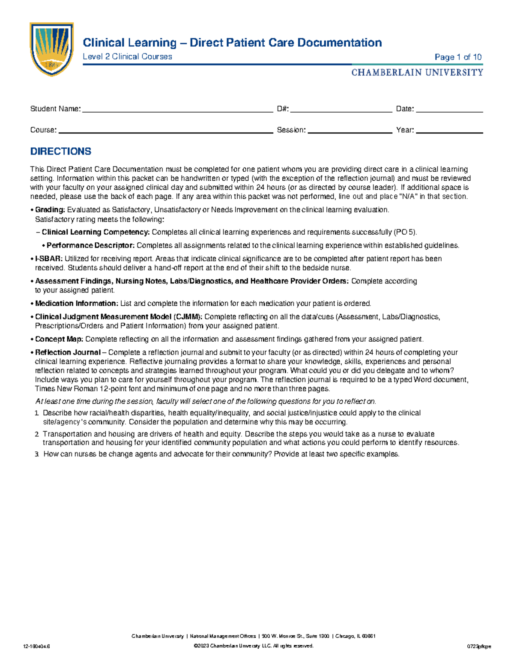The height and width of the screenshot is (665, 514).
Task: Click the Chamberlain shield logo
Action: (x=51, y=49)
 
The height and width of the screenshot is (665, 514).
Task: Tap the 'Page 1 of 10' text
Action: (x=458, y=57)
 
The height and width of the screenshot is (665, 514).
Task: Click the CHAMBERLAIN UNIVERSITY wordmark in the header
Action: (x=417, y=72)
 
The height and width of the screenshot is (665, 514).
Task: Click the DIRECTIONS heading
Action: (x=60, y=152)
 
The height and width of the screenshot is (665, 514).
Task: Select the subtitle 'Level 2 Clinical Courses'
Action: (x=127, y=57)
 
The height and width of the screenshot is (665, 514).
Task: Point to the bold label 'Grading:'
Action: (x=50, y=210)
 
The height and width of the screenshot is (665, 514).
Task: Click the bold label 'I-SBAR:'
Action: (x=49, y=259)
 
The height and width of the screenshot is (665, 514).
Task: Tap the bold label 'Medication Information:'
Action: (x=76, y=304)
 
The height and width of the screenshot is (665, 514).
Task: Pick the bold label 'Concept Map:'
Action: (x=59, y=339)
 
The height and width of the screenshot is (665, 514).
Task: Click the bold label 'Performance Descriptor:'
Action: (x=90, y=245)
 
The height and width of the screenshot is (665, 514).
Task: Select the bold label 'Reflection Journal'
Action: (x=68, y=352)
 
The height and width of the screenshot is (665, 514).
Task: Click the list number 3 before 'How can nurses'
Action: (x=37, y=454)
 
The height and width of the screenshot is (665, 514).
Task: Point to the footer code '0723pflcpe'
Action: (x=479, y=646)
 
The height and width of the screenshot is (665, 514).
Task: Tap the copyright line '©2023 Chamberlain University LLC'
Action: (x=254, y=646)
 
